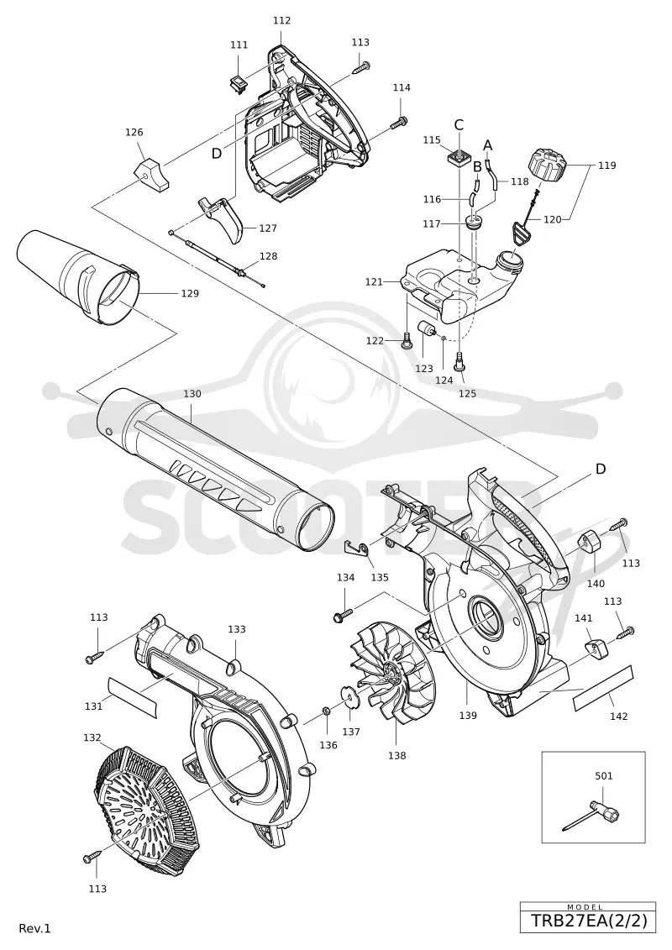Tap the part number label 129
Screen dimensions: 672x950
click(190, 293)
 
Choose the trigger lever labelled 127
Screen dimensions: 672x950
click(222, 219)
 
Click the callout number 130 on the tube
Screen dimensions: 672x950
click(192, 394)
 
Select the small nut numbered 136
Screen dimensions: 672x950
click(326, 710)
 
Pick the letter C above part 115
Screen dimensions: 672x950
click(459, 125)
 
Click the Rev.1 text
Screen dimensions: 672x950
click(35, 929)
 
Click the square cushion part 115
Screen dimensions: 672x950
click(458, 158)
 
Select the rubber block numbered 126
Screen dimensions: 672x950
click(151, 175)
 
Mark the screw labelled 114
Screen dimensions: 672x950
click(398, 122)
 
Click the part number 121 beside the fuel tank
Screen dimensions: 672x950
click(374, 281)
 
